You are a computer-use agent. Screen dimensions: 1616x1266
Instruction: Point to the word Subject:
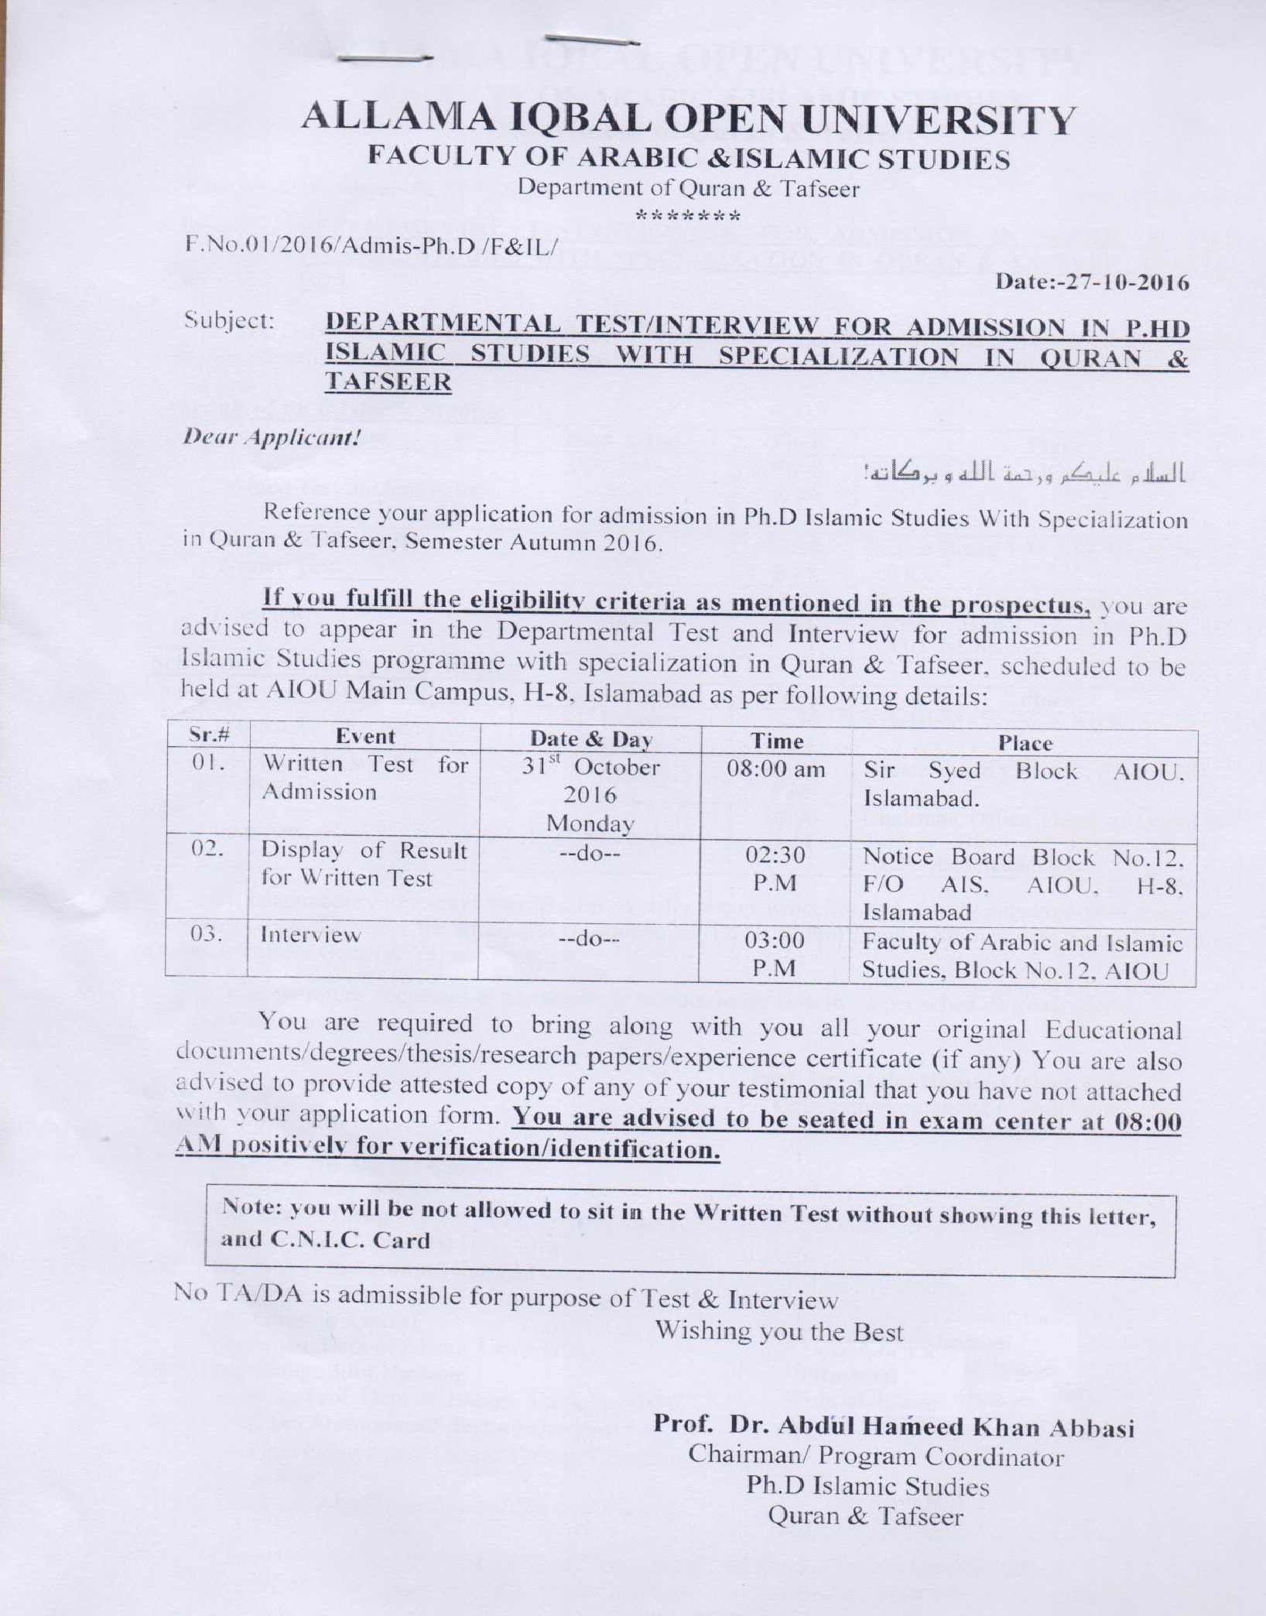tap(230, 321)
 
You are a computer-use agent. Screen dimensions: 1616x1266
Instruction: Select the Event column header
tap(364, 737)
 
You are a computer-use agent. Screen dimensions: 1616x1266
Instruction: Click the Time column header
tap(777, 741)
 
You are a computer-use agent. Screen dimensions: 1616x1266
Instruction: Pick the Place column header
tap(1025, 744)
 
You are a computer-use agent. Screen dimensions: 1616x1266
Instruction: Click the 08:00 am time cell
tap(776, 771)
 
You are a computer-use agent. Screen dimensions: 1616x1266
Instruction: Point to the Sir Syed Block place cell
tap(1024, 784)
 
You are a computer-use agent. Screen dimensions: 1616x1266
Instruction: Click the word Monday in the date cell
tap(590, 824)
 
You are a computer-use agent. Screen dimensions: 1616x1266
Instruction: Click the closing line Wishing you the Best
tap(779, 1331)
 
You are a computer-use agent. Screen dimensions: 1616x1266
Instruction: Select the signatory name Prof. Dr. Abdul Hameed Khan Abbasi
tap(894, 1426)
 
